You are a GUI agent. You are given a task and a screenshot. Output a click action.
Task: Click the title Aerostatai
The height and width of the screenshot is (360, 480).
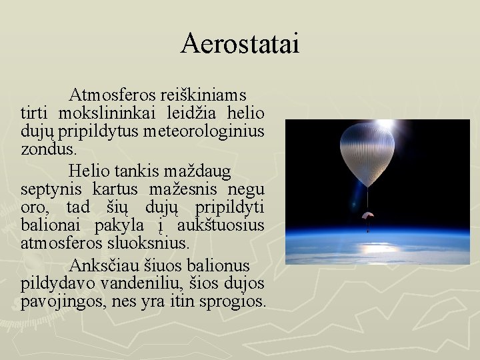(x=240, y=44)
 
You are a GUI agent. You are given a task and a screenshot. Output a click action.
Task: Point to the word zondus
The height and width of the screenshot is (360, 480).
(x=44, y=148)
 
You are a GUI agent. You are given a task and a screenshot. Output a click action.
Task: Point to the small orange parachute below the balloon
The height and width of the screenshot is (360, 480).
(x=368, y=217)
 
